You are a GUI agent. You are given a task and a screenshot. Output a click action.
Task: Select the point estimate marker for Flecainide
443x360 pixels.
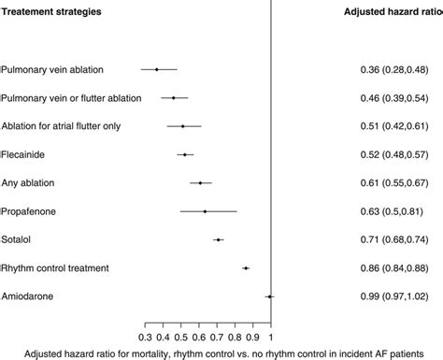tap(185, 154)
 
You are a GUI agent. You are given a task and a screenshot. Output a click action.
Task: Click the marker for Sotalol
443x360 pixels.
tap(219, 239)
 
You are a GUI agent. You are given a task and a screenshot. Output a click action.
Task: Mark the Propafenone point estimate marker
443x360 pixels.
tap(205, 211)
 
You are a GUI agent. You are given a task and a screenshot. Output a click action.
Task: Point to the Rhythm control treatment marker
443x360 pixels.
tap(246, 268)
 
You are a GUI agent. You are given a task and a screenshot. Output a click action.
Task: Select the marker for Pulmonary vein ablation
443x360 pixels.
tap(156, 69)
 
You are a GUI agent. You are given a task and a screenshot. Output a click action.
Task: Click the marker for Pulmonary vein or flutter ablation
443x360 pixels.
tap(174, 97)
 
